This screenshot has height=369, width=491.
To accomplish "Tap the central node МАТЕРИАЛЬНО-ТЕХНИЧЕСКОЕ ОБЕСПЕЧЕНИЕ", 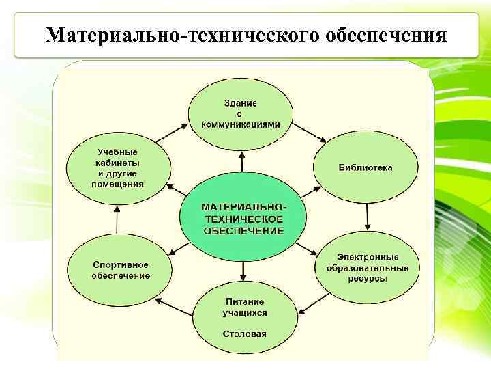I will pyautogui.click(x=243, y=218).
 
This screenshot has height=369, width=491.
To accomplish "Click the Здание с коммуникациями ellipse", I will pyautogui.click(x=241, y=114).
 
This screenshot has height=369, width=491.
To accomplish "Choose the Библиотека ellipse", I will pyautogui.click(x=365, y=168).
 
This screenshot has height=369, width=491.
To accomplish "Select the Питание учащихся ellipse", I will pyautogui.click(x=244, y=314).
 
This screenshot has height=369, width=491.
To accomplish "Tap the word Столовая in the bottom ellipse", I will pyautogui.click(x=244, y=334).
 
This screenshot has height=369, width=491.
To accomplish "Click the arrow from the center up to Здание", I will pyautogui.click(x=241, y=161).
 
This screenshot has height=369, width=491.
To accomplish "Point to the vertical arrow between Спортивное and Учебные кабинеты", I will pyautogui.click(x=117, y=221).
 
